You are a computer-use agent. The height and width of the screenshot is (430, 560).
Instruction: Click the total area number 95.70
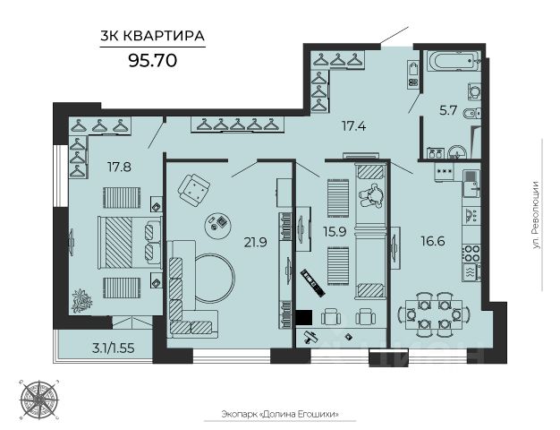pyautogui.click(x=152, y=60)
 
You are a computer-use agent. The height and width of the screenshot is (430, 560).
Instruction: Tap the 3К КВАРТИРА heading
pyautogui.click(x=152, y=36)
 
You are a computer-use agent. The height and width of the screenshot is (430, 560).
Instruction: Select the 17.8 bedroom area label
pyautogui.click(x=119, y=167)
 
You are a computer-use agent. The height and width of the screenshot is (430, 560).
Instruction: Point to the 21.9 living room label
pyautogui.click(x=255, y=243)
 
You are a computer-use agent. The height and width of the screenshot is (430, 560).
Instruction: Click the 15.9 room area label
pyautogui.click(x=335, y=232)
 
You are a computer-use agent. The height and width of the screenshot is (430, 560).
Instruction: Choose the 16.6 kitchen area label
pyautogui.click(x=432, y=241)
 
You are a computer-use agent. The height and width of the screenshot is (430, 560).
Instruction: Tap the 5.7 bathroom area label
pyautogui.click(x=448, y=110)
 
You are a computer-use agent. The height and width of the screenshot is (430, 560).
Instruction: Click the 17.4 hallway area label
pyautogui.click(x=353, y=126)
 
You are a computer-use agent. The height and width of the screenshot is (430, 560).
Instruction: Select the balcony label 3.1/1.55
pyautogui.click(x=114, y=348)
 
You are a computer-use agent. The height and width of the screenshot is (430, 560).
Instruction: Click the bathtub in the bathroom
pyautogui.click(x=454, y=62)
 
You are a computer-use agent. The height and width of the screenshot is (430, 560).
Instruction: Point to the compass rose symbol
pyautogui.click(x=39, y=399)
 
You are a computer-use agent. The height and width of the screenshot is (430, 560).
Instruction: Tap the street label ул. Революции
pyautogui.click(x=535, y=215)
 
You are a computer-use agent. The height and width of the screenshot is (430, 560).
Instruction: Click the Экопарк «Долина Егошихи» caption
pyautogui.click(x=280, y=414)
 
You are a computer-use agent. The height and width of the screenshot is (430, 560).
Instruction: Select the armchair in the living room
pyautogui.click(x=194, y=190)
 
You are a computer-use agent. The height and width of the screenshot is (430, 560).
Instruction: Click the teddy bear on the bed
pyautogui.click(x=371, y=194)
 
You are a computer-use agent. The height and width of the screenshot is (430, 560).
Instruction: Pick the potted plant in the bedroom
pyautogui.click(x=82, y=300)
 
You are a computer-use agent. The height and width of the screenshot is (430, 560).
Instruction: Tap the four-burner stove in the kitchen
pyautogui.click(x=471, y=253)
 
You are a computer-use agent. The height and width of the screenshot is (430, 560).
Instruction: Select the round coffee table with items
pyautogui.click(x=219, y=227)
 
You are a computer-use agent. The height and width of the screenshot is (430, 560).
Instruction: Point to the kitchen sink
pyautogui.click(x=471, y=184)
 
